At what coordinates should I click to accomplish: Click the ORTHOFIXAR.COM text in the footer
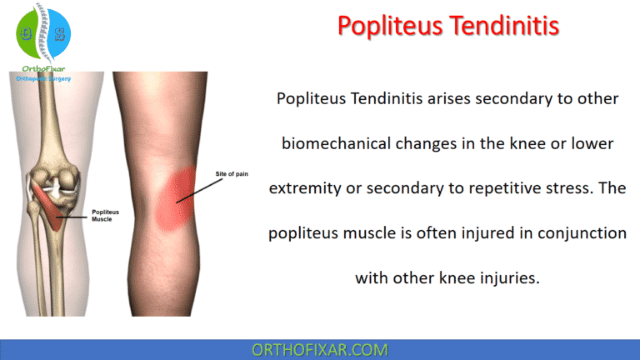point(320,349)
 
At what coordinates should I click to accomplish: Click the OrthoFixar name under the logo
point(42,69)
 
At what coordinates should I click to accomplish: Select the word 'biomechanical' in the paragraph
point(333,143)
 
